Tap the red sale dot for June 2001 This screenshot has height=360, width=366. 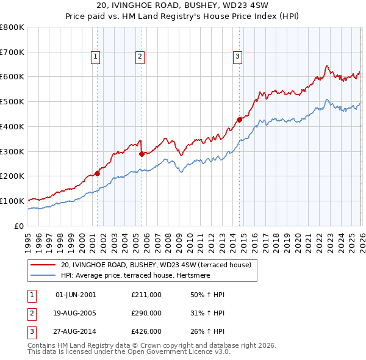click(97, 173)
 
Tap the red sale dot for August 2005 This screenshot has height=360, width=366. click(142, 154)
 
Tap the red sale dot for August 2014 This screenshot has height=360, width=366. click(239, 120)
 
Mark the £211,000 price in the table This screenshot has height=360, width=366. click(146, 295)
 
